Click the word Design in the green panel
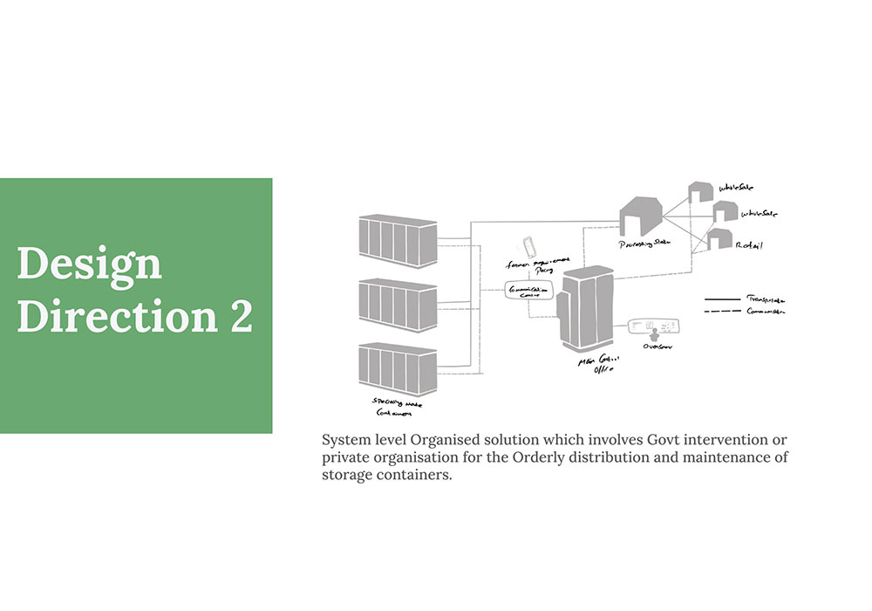pyautogui.click(x=89, y=263)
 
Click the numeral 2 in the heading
pyautogui.click(x=241, y=316)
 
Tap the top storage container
pyautogui.click(x=398, y=240)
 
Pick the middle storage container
pyautogui.click(x=398, y=305)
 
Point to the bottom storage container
pyautogui.click(x=398, y=368)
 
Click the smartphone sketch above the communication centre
pyautogui.click(x=528, y=245)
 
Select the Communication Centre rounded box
pyautogui.click(x=528, y=292)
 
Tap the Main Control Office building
pyautogui.click(x=585, y=307)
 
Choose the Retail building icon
pyautogui.click(x=719, y=238)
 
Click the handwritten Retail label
pyautogui.click(x=749, y=245)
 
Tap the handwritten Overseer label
pyautogui.click(x=657, y=347)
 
